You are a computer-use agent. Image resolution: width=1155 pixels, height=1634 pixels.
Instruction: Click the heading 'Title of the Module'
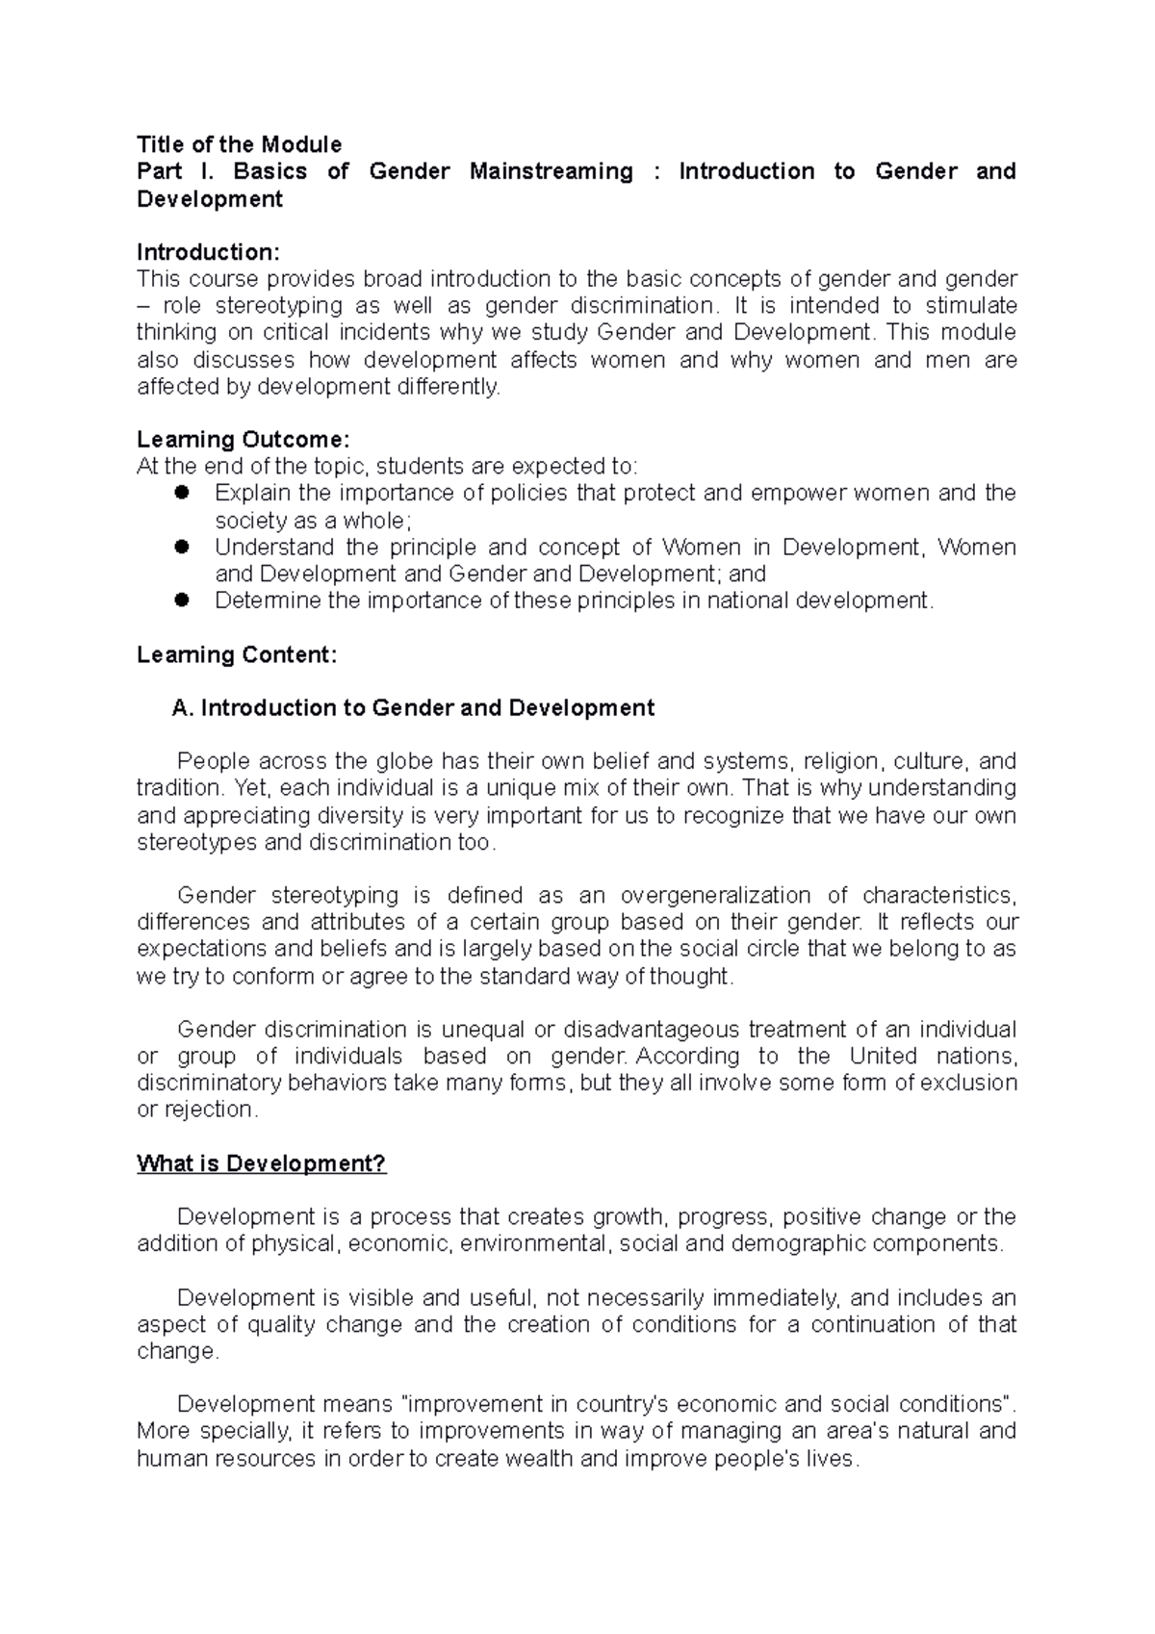[239, 144]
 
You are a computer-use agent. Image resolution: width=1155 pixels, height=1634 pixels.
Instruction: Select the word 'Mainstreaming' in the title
[551, 171]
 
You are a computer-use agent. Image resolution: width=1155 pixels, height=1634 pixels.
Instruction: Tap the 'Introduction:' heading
[208, 252]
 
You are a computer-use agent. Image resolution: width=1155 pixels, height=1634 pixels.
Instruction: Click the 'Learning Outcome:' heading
[243, 440]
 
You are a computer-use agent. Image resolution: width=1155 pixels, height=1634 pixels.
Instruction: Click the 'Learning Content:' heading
[237, 655]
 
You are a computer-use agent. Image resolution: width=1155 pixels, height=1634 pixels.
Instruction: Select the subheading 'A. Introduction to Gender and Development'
[413, 708]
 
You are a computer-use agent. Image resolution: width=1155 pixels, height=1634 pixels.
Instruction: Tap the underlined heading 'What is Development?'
[261, 1163]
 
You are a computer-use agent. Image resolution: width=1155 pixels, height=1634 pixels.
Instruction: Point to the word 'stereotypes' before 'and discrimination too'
[196, 843]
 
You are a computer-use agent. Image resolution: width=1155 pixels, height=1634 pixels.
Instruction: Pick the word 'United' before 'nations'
[883, 1057]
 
